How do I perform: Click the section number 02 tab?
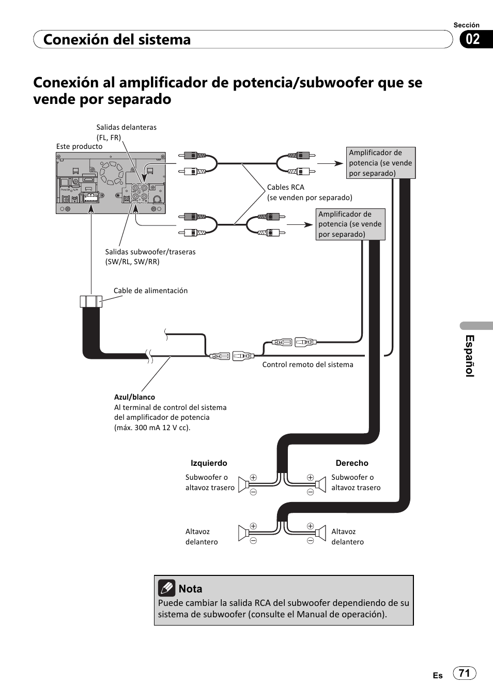pyautogui.click(x=473, y=39)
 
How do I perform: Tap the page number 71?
pyautogui.click(x=465, y=673)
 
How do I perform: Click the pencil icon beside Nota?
pyautogui.click(x=166, y=588)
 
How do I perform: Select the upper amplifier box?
pyautogui.click(x=380, y=163)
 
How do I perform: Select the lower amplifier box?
pyautogui.click(x=350, y=224)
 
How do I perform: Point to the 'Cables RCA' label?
pyautogui.click(x=285, y=187)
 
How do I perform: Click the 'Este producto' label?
pyautogui.click(x=79, y=146)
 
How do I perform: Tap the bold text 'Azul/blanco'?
pyautogui.click(x=134, y=397)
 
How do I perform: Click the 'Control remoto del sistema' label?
pyautogui.click(x=307, y=364)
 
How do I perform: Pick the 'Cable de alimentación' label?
pyautogui.click(x=150, y=291)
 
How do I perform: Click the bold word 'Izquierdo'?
pyautogui.click(x=209, y=463)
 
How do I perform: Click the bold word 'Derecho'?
pyautogui.click(x=352, y=463)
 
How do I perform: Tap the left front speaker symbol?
pyautogui.click(x=243, y=533)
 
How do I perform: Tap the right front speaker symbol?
pyautogui.click(x=321, y=533)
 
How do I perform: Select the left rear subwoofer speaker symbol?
pyautogui.click(x=243, y=484)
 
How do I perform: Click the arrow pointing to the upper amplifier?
pyautogui.click(x=330, y=163)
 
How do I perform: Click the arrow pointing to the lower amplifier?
pyautogui.click(x=300, y=225)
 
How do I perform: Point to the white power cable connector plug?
pyautogui.click(x=91, y=301)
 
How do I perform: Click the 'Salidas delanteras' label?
pyautogui.click(x=126, y=127)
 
